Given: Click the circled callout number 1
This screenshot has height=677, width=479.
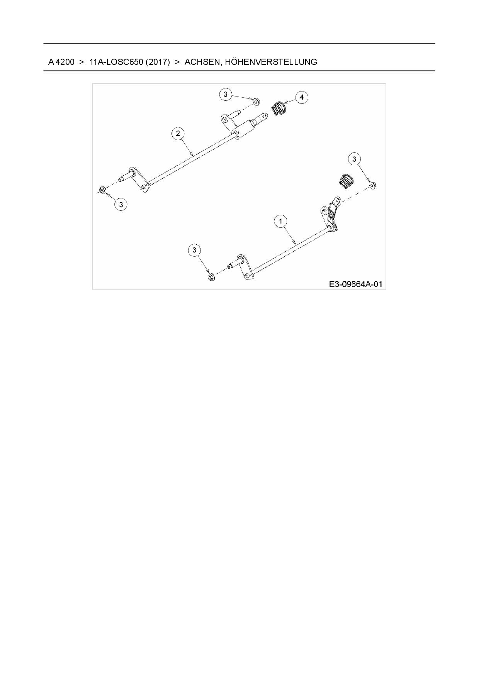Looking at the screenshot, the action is coord(280,221).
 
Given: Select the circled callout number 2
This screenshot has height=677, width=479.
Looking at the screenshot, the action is coord(178,134).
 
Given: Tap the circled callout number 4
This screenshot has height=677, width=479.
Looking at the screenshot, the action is coord(302,97).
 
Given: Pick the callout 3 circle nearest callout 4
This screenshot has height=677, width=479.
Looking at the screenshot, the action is coord(226,94).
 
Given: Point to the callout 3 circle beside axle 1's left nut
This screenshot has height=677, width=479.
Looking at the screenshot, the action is coord(194,250).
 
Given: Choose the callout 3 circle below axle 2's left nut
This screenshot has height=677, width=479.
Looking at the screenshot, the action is coord(121,205).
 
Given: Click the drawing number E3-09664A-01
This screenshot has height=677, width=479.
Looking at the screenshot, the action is coord(355,284).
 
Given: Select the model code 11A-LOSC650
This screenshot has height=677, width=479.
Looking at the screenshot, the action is coord(116,62).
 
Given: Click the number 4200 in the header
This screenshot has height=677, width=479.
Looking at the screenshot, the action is coord(65,62).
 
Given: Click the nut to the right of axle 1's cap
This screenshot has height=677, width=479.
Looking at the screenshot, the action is coord(372,185).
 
